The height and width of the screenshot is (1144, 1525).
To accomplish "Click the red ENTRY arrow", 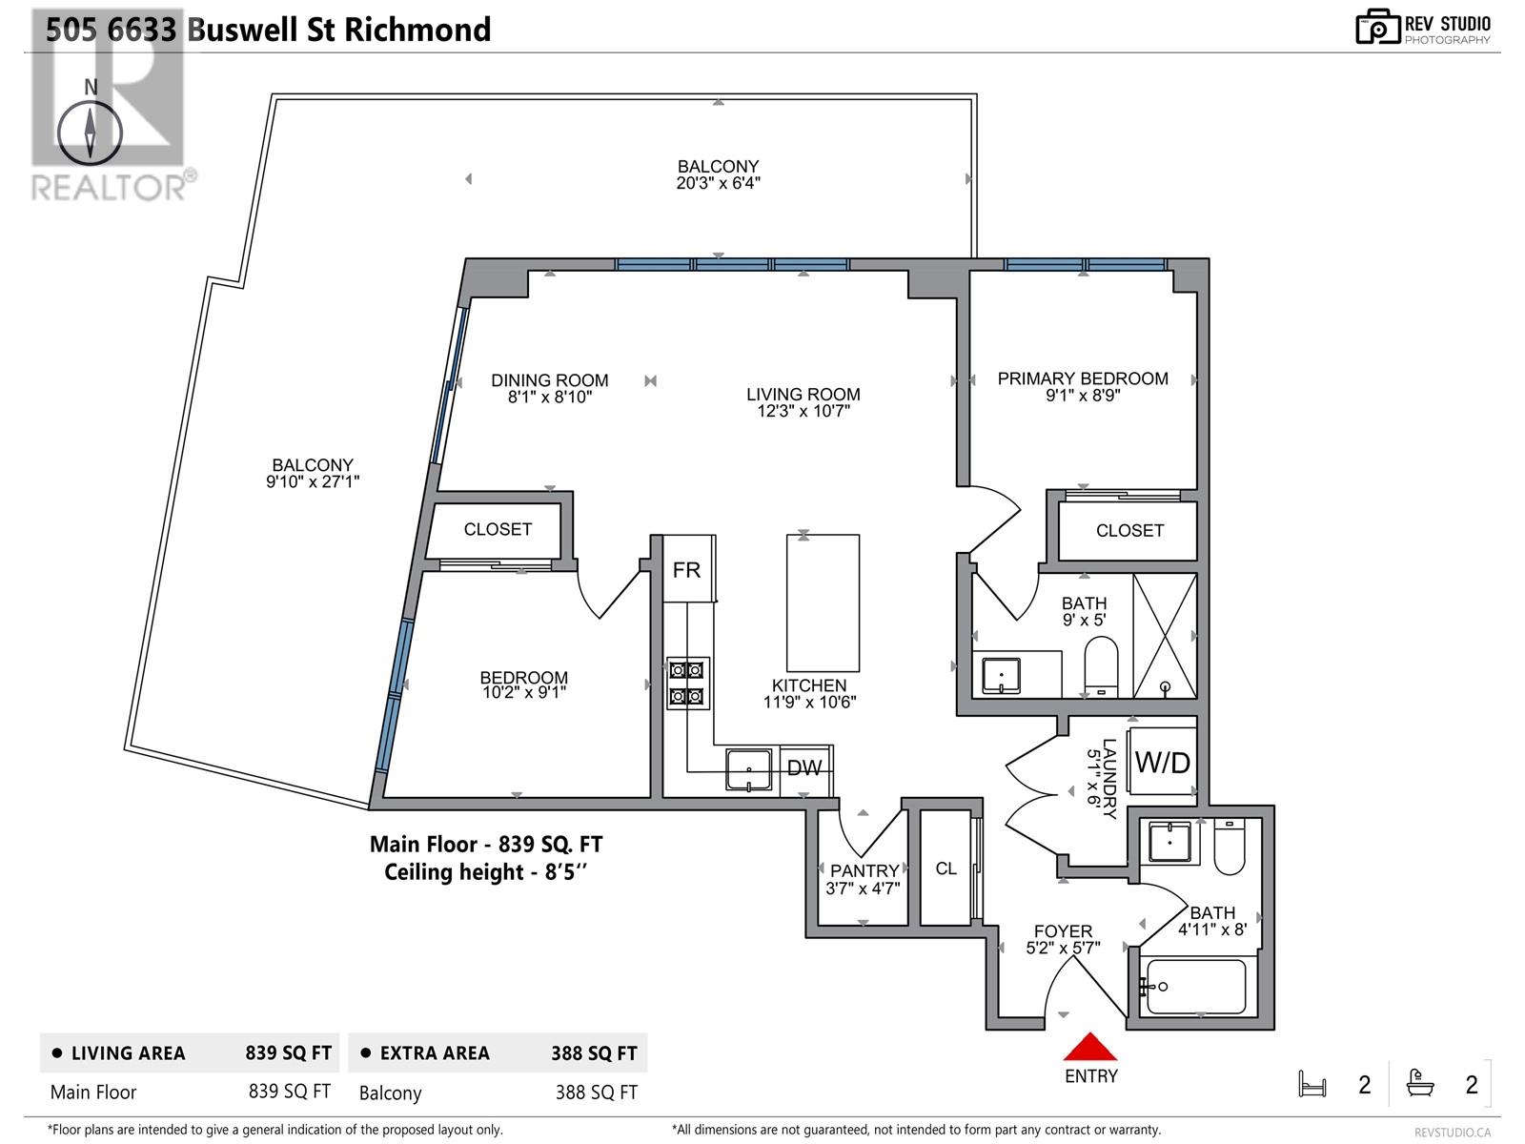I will [x=1089, y=1048].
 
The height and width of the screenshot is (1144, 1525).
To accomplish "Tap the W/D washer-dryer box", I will [x=1162, y=762].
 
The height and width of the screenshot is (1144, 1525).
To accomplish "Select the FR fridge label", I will [x=686, y=570].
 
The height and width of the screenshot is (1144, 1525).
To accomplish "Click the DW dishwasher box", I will [x=804, y=768].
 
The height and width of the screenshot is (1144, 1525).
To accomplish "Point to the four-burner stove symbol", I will [x=687, y=684].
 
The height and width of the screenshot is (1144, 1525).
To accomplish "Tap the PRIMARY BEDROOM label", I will [x=1083, y=378].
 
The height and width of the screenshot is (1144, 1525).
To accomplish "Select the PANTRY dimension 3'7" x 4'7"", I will [x=863, y=889].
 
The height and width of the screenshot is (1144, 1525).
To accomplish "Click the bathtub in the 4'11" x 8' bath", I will [x=1196, y=987].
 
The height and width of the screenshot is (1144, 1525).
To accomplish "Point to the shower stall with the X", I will [x=1165, y=636].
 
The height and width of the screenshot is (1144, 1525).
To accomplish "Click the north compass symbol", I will [x=90, y=134].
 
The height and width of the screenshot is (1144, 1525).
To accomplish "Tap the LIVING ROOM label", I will [x=803, y=394].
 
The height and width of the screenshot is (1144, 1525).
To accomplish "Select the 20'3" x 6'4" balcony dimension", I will [x=718, y=183].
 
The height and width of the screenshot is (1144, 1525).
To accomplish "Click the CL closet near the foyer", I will [x=945, y=868].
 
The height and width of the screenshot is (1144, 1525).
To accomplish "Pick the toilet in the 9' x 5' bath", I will [x=1101, y=664].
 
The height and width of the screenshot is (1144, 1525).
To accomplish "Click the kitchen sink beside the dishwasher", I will [x=749, y=769].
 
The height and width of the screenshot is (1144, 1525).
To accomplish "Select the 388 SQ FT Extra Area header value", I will [x=594, y=1053].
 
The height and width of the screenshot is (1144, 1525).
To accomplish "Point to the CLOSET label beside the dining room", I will [x=498, y=529].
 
